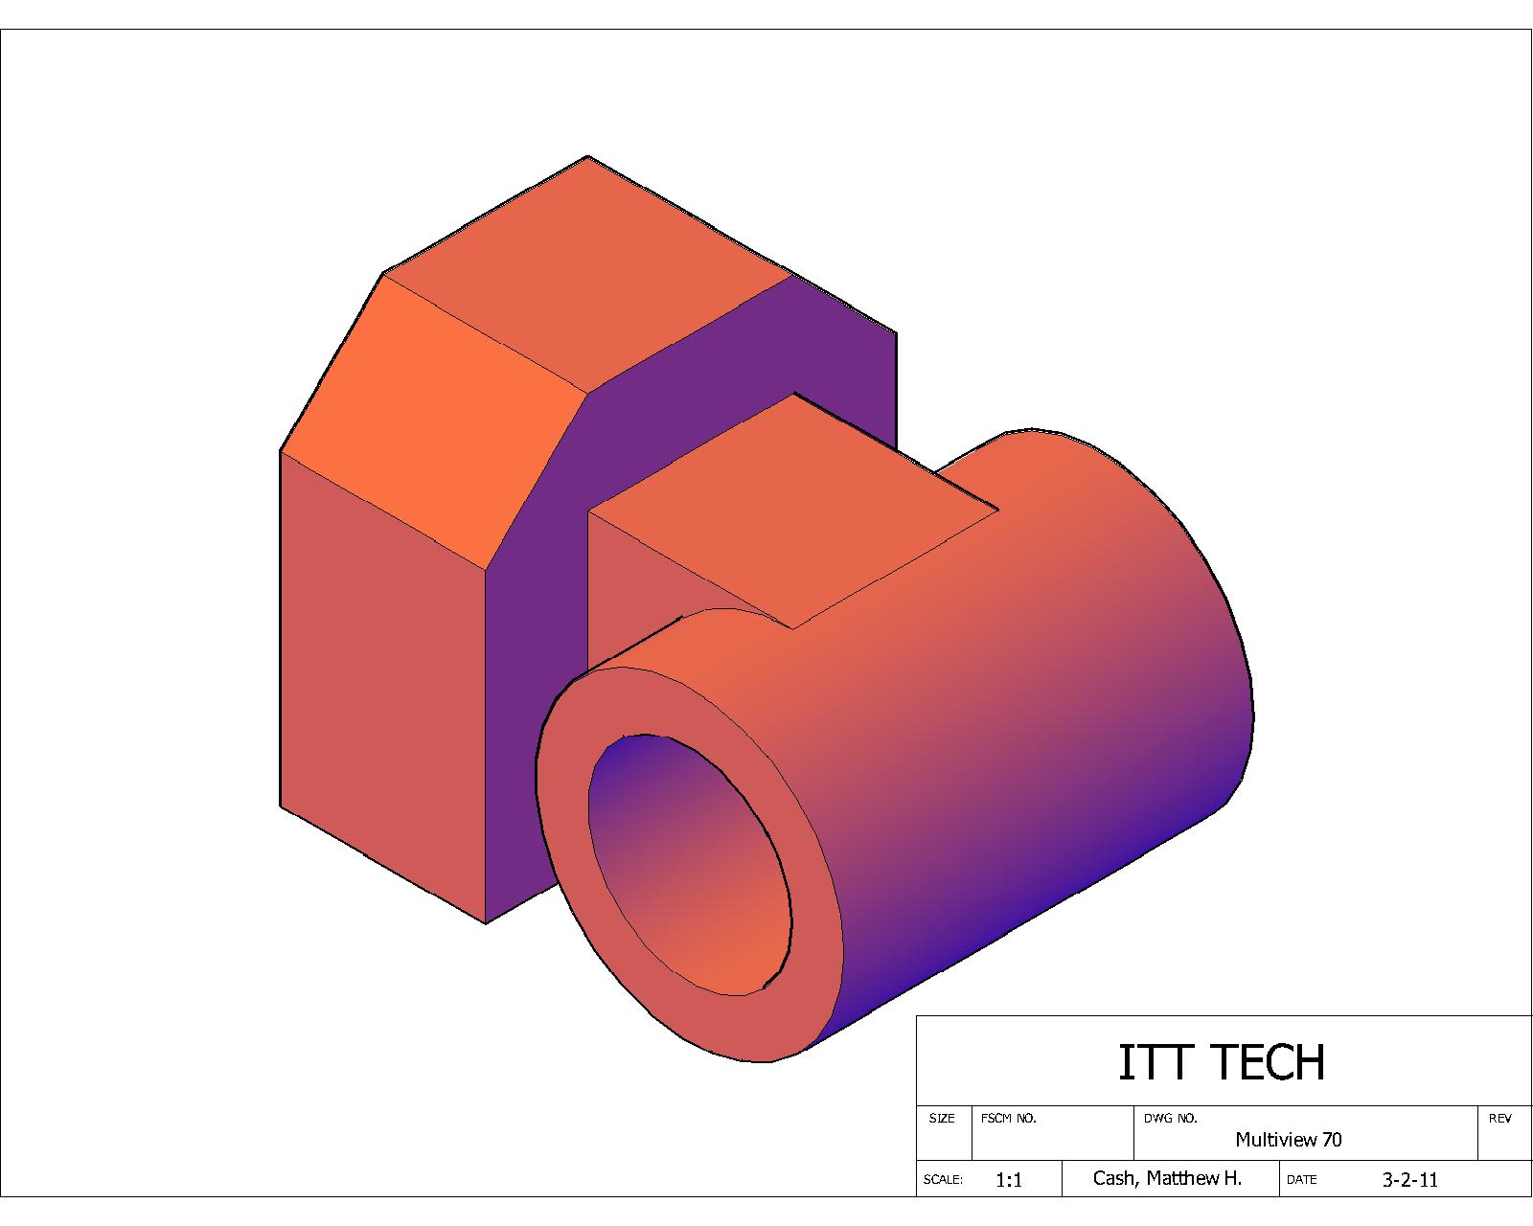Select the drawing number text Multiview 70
pos(1288,1140)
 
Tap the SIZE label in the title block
pos(942,1119)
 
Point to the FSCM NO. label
pos(1008,1119)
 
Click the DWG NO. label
pos(1170,1119)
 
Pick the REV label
pos(1499,1119)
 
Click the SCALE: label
pos(943,1180)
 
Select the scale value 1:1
pos(1009,1180)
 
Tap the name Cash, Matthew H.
pos(1167,1178)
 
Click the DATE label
pos(1301,1180)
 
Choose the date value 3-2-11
pos(1409,1180)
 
